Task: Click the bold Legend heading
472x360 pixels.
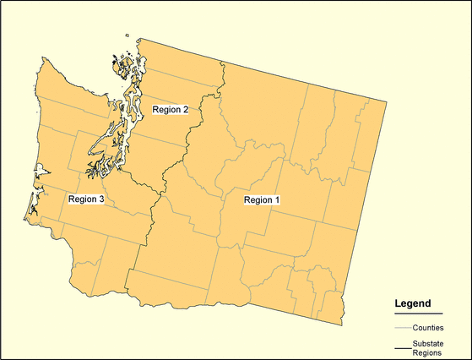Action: click(x=414, y=303)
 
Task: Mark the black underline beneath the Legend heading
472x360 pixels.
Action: click(x=414, y=313)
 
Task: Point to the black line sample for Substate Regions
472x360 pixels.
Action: click(x=402, y=347)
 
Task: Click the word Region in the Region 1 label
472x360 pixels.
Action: click(x=256, y=200)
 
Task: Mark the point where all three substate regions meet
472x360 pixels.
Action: click(x=160, y=183)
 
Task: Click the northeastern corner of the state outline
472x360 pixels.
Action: click(x=387, y=101)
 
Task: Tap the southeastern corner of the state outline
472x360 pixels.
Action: click(x=343, y=324)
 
